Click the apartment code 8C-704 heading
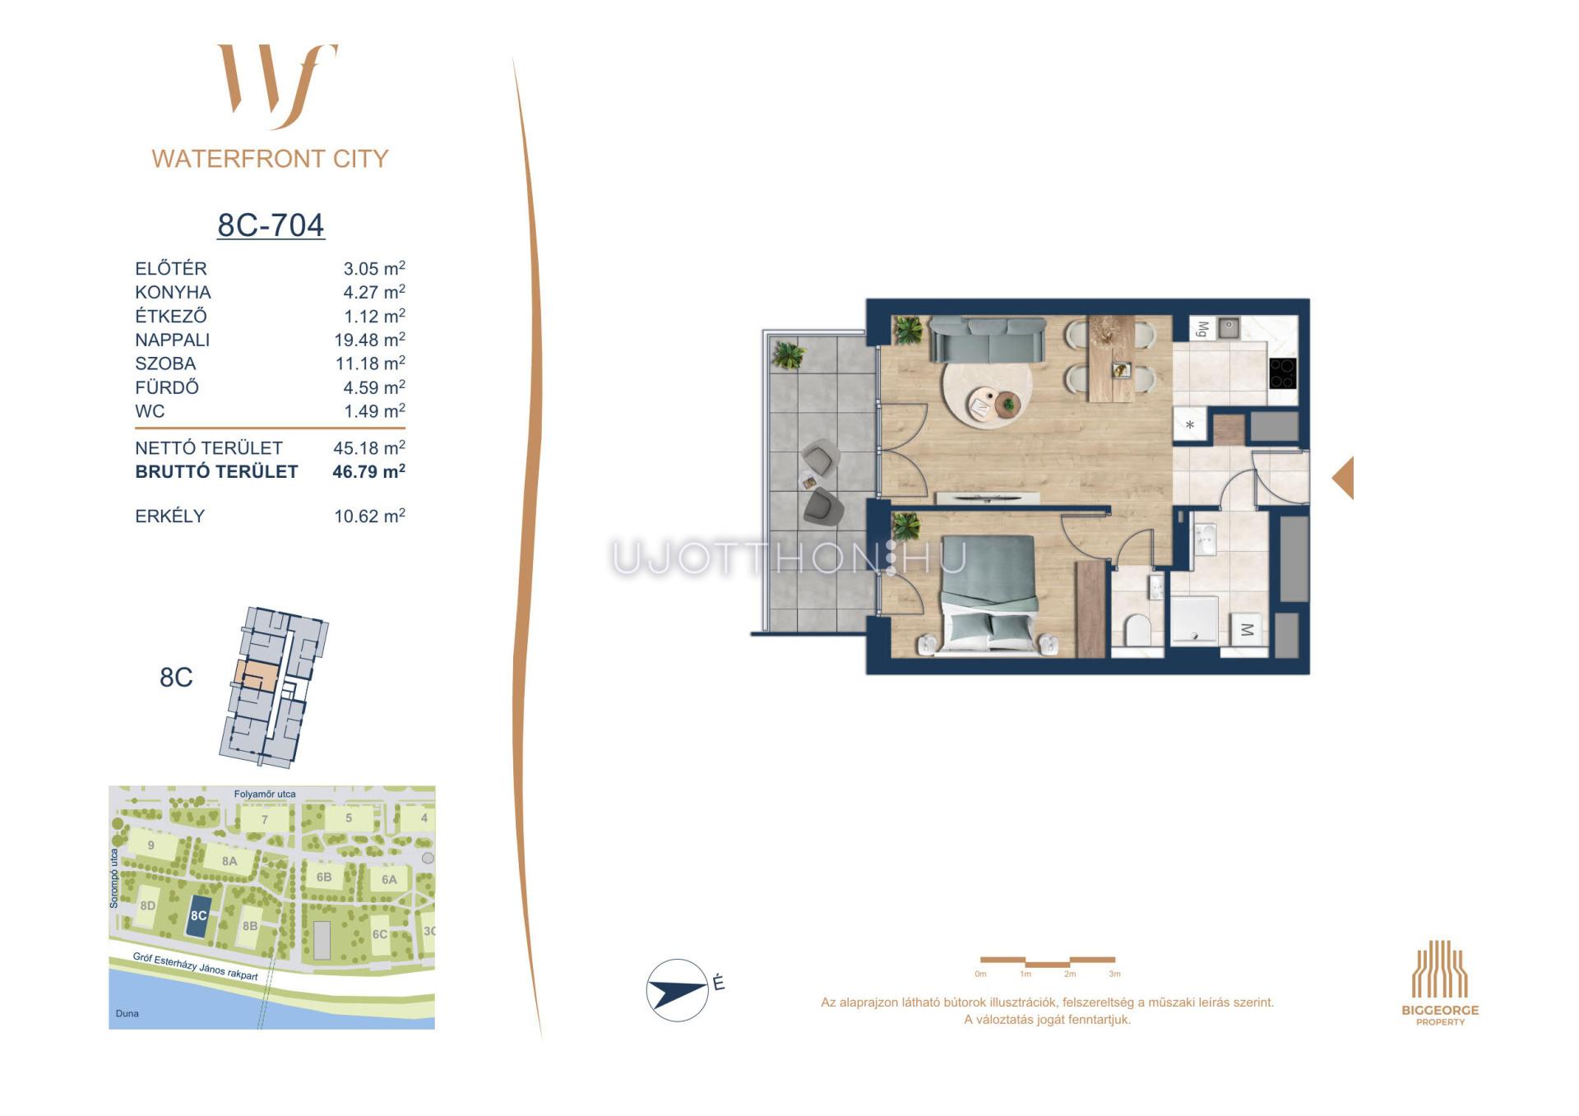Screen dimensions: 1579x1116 click(271, 225)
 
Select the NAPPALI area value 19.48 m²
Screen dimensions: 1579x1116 click(369, 340)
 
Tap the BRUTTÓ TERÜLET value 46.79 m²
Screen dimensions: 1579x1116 click(368, 471)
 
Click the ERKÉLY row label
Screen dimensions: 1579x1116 click(169, 516)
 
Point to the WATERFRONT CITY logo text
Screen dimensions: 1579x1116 click(270, 159)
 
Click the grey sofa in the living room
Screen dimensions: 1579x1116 click(987, 340)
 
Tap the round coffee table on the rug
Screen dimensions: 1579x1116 click(1007, 405)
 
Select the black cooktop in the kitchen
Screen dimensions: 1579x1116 click(1282, 373)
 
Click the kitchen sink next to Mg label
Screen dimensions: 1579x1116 click(1229, 329)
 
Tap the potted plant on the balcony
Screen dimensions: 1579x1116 click(789, 355)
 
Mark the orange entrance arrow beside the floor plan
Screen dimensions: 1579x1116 click(1343, 478)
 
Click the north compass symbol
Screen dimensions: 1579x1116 click(677, 990)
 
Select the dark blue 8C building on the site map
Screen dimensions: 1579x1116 click(198, 915)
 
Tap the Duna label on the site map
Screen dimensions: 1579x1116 click(127, 1013)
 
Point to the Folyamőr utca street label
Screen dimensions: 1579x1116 click(265, 794)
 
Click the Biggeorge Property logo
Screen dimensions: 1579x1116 click(1440, 983)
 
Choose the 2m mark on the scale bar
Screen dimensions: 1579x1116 click(1070, 974)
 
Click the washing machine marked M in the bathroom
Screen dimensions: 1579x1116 click(1247, 630)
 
